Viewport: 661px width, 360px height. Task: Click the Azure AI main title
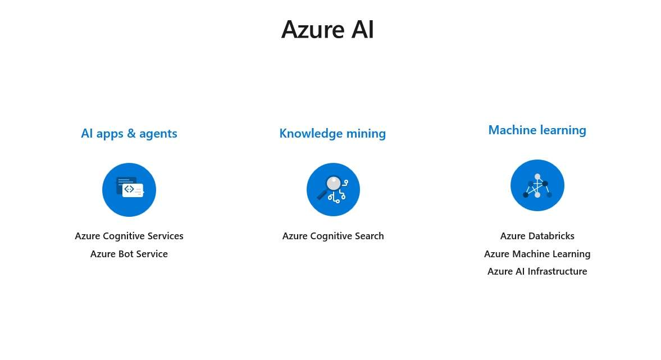point(327,29)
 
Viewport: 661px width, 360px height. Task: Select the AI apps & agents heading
point(129,134)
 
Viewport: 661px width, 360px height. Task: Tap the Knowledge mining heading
point(332,134)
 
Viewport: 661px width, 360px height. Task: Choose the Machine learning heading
point(537,130)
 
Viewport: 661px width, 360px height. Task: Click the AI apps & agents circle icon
point(129,190)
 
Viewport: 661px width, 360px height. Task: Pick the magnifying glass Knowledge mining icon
point(333,190)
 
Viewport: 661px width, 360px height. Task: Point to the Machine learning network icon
point(537,185)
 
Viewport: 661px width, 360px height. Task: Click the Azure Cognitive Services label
point(129,236)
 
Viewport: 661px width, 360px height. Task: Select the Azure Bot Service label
point(129,254)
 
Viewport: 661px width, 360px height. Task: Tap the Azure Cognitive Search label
point(333,236)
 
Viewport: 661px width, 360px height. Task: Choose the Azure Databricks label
point(537,236)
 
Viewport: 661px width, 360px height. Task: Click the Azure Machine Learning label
point(537,254)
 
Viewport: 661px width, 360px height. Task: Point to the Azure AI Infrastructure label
point(537,271)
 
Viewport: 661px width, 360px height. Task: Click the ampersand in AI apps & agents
point(131,134)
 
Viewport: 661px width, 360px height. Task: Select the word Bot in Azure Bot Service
point(126,254)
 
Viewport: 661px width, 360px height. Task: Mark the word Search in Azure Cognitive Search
point(369,236)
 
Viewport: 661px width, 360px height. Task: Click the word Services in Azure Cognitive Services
point(165,236)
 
